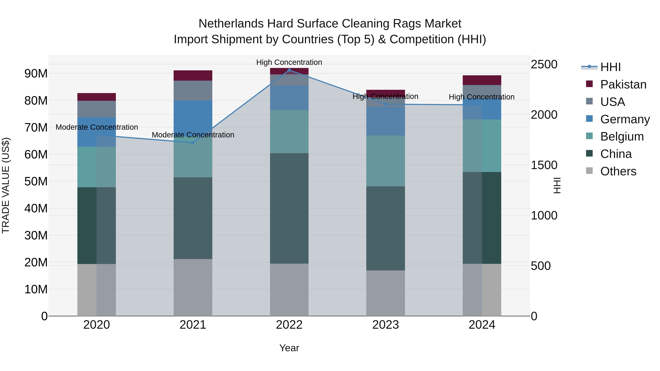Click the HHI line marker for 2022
coord(289,70)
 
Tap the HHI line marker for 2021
coord(193,143)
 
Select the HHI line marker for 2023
coord(386,104)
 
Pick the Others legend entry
coord(618,171)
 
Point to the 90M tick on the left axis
coord(36,74)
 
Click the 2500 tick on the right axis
coord(544,64)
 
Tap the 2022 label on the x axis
coord(289,325)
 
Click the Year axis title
coord(289,348)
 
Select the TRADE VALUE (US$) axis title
coord(6,185)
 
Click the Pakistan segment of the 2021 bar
coord(193,75)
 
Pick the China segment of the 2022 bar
coord(289,208)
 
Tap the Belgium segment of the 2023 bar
coord(386,161)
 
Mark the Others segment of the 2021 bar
coord(193,287)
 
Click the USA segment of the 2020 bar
coord(97,109)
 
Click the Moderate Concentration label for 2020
coord(97,127)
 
